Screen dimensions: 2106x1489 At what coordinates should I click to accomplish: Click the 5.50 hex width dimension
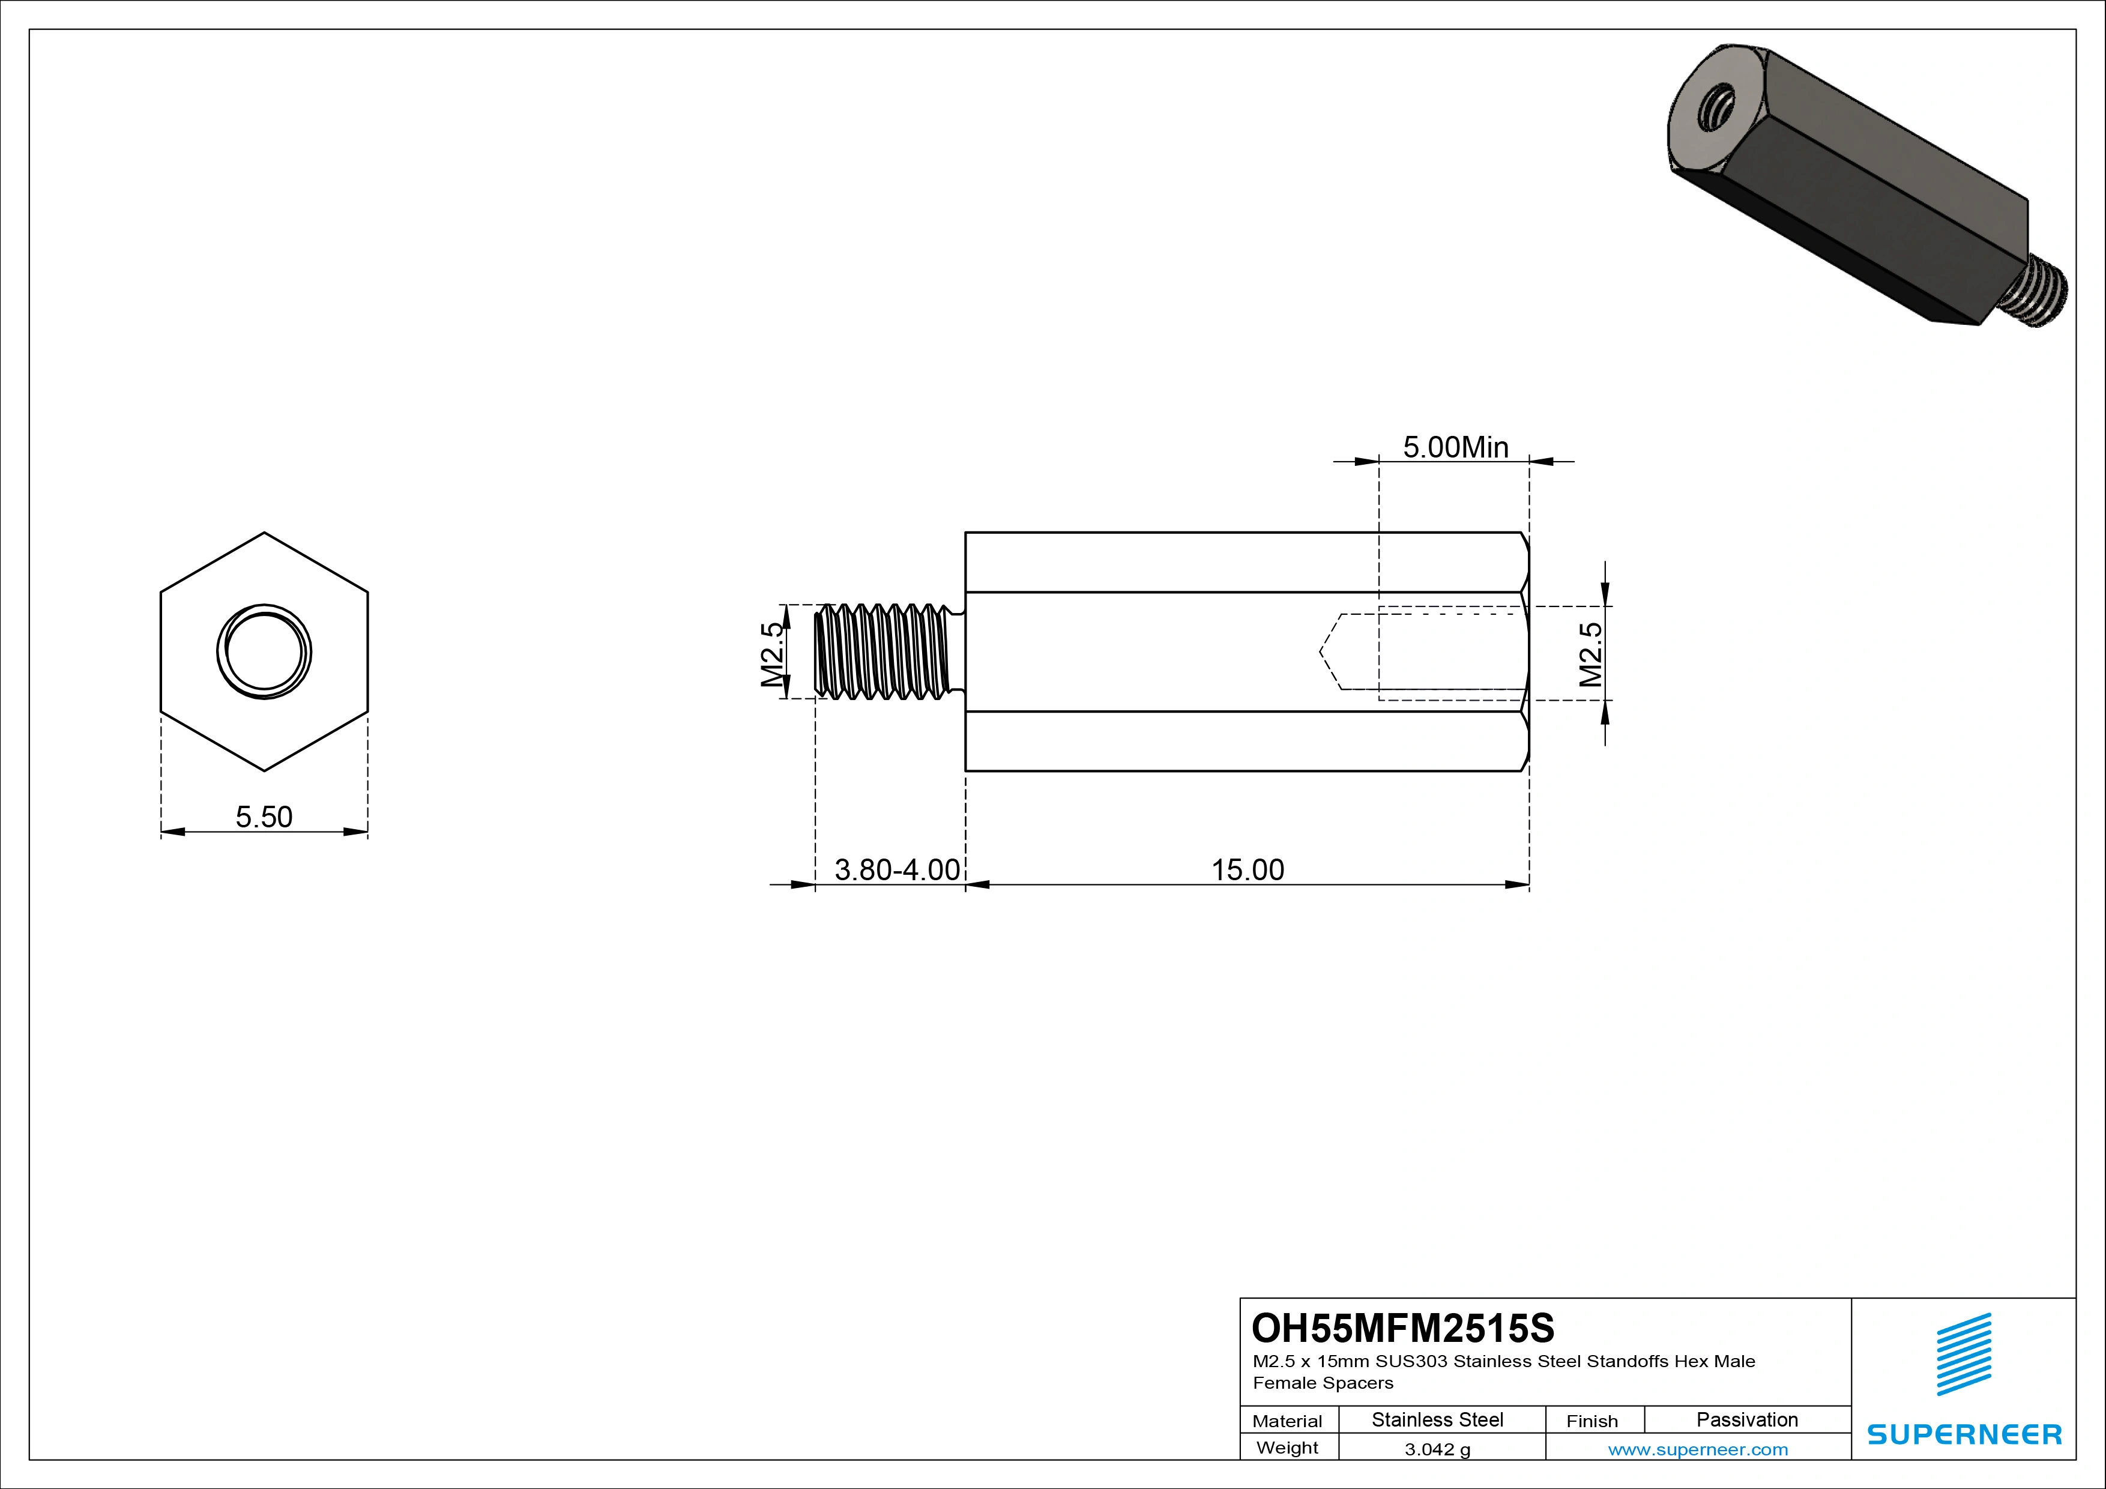coord(264,817)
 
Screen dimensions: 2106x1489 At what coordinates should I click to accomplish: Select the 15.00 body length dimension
coord(1248,870)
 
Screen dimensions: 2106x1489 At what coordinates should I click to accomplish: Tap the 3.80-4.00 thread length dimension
coord(897,870)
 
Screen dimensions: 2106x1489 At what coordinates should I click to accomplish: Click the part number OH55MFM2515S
coord(1404,1327)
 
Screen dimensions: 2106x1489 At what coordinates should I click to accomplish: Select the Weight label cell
coord(1287,1448)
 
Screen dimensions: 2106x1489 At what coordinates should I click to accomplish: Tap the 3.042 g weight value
coord(1437,1449)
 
